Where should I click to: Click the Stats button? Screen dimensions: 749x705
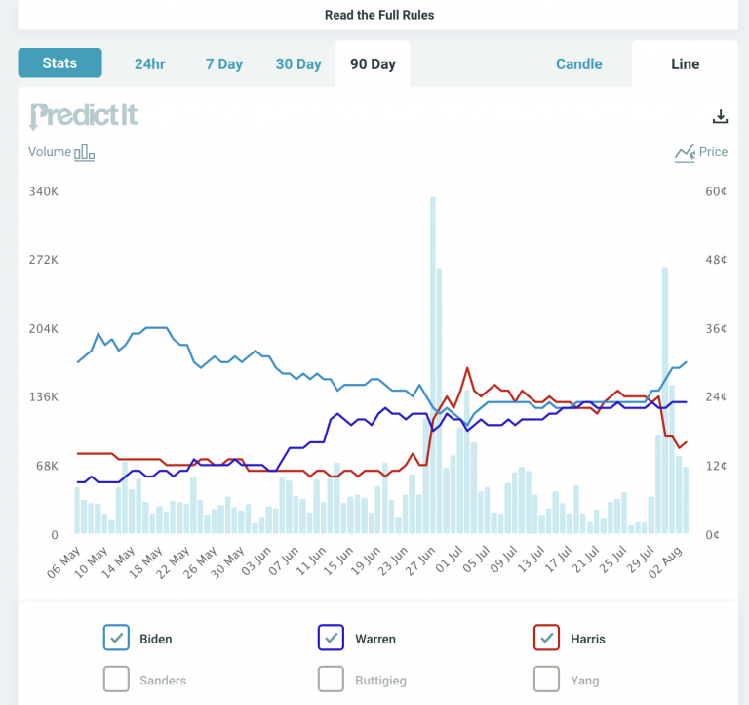click(x=59, y=62)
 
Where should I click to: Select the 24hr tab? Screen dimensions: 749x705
click(x=149, y=64)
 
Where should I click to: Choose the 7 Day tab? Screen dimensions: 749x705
click(x=224, y=64)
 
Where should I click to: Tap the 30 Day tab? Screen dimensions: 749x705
click(x=298, y=64)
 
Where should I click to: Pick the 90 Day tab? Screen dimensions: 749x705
click(x=373, y=64)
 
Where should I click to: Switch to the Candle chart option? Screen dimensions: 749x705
click(x=579, y=64)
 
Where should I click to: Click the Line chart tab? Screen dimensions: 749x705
click(x=685, y=64)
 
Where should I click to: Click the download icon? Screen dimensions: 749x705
click(x=720, y=116)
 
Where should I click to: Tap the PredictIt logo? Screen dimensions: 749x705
click(x=84, y=116)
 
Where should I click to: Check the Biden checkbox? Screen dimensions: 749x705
click(x=116, y=638)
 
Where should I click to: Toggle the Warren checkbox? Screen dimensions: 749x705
click(x=331, y=638)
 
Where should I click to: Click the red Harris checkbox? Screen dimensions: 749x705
click(x=546, y=638)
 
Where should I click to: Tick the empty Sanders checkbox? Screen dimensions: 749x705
click(x=116, y=679)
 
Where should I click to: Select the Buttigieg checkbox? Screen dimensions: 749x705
click(x=331, y=679)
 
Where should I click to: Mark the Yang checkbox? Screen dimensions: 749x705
click(x=546, y=679)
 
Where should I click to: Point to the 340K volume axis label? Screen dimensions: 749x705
click(x=44, y=191)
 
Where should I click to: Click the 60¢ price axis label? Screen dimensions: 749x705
click(x=716, y=191)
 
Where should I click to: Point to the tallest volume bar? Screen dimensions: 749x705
click(x=433, y=365)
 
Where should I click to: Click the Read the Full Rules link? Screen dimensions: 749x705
click(x=379, y=15)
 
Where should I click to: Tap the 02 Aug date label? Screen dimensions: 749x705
click(x=665, y=562)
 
